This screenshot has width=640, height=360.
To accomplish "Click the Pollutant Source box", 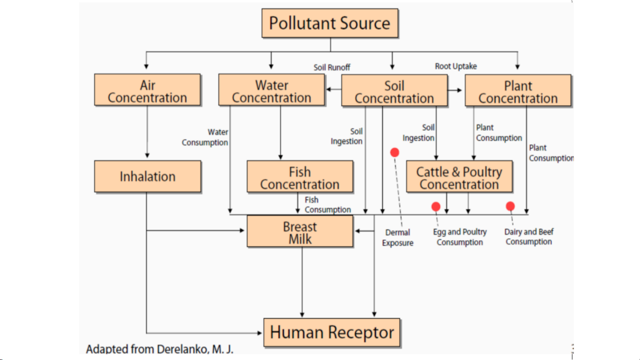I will [330, 23].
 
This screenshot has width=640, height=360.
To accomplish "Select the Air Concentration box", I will [147, 91].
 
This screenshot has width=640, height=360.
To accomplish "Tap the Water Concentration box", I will [271, 91].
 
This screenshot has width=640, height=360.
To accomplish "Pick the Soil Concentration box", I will [394, 91].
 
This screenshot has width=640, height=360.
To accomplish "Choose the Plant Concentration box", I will [518, 91].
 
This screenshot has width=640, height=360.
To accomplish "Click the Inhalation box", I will [147, 177].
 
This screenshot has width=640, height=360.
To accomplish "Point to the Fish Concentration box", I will [300, 177].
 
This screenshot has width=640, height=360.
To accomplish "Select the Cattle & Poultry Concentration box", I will [459, 177].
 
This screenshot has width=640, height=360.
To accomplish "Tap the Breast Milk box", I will [300, 232].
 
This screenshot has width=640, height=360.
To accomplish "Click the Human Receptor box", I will [332, 332].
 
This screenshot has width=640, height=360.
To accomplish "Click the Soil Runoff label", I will [332, 67].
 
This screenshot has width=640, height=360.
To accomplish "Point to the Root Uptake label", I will [456, 67].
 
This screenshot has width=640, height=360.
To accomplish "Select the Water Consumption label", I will [205, 137].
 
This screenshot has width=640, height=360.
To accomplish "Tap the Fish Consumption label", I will [327, 205].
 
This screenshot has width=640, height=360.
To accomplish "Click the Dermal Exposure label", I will [398, 237].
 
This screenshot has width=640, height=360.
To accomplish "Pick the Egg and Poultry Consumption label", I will [460, 237].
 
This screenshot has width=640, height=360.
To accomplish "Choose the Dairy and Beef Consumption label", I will [529, 237].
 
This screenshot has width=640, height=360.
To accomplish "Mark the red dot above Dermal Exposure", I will [394, 153].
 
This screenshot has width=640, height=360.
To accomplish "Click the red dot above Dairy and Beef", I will [510, 206].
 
